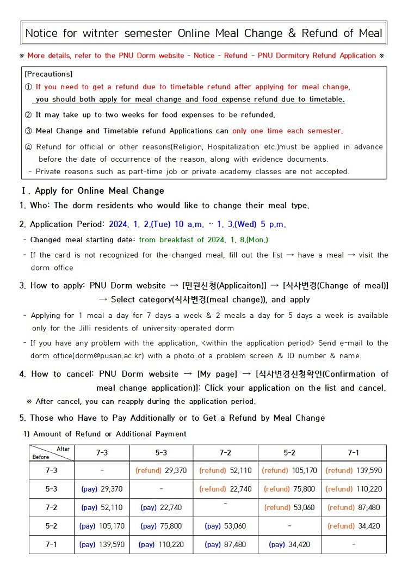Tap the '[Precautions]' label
(48, 74)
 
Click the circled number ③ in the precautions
(29, 131)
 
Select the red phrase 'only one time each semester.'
(288, 131)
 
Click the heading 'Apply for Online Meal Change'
(100, 191)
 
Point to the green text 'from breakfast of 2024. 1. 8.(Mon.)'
(203, 240)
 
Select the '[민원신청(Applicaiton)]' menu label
(225, 285)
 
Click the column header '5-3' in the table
(161, 453)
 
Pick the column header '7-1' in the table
(354, 453)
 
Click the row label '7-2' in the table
(52, 507)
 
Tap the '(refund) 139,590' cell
(354, 471)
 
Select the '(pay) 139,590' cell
(102, 544)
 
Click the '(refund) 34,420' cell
(354, 526)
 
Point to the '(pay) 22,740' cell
(161, 507)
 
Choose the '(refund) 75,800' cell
(289, 489)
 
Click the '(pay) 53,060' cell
(225, 526)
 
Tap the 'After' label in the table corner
(63, 449)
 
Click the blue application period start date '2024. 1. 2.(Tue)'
(140, 224)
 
